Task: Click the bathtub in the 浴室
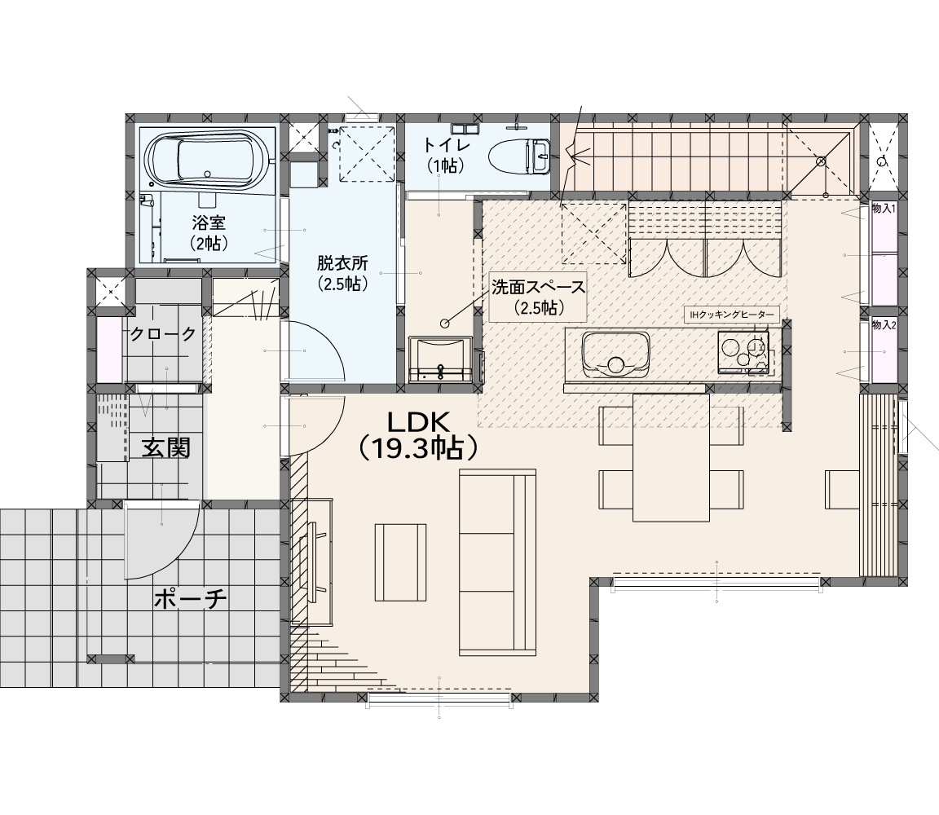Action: coord(208,158)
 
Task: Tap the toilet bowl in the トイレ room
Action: coord(519,157)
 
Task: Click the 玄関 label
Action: coord(165,447)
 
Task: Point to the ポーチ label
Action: coord(191,598)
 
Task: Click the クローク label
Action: coord(163,334)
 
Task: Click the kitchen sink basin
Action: coord(615,354)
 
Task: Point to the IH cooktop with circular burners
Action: coord(743,353)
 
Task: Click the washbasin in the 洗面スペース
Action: coord(440,359)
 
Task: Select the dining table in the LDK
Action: coord(671,457)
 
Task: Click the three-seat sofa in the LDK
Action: coord(497,562)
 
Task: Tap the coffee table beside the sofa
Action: coord(401,562)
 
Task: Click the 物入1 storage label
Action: coord(884,209)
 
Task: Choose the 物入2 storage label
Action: coord(884,325)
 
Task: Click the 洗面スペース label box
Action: coord(538,297)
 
